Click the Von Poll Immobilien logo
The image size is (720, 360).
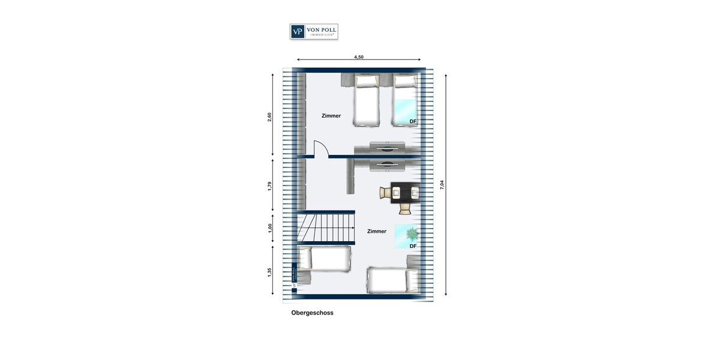point(314,32)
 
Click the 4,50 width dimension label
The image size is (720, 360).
point(358,57)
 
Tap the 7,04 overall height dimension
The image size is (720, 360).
point(442,184)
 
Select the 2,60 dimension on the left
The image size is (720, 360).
point(269,116)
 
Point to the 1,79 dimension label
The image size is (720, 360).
point(269,186)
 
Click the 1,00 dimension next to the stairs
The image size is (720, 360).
point(269,227)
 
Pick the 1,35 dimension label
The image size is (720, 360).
point(269,271)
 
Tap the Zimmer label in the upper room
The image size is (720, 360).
point(331,116)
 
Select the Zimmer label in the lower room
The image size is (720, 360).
point(377,231)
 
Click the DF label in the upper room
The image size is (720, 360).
point(413,122)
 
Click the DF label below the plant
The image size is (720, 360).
point(413,246)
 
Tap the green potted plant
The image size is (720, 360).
point(411,233)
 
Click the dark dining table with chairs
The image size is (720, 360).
point(404,193)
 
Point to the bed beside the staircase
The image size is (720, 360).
point(324,259)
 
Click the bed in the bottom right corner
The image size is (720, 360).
point(393,280)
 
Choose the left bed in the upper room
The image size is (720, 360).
point(367,100)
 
